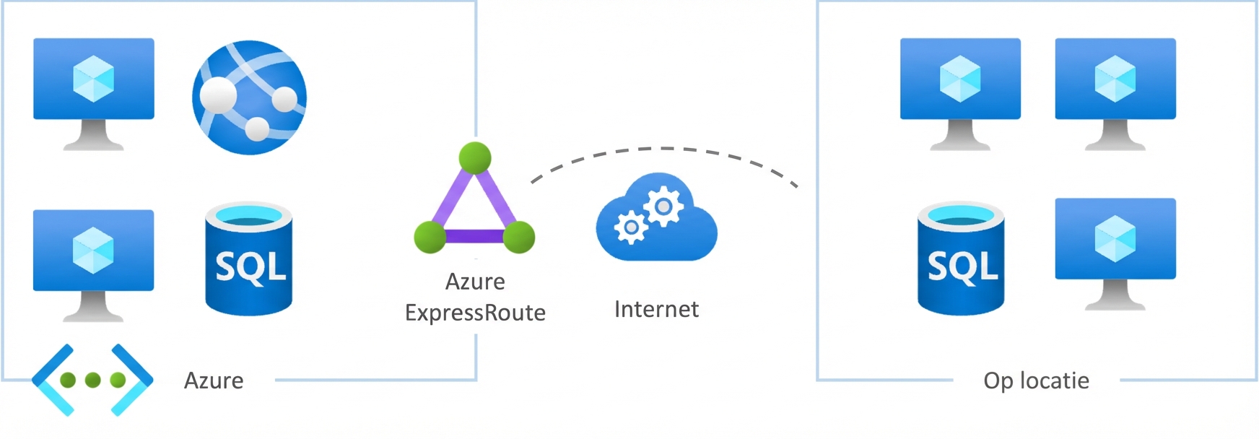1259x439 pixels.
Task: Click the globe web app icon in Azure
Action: coord(249,97)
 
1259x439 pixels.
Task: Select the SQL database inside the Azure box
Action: coord(249,260)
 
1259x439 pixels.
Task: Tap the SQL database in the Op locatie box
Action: coord(961,260)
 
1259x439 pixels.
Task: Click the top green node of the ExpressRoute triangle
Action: coord(474,157)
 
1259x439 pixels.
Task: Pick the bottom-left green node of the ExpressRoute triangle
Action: coord(430,238)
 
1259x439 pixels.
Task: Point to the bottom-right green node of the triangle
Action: coord(518,238)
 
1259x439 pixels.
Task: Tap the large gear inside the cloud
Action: coord(663,207)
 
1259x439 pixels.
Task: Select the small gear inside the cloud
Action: coord(630,227)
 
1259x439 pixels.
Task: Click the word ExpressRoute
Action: coord(475,313)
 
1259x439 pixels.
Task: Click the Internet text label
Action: coord(656,309)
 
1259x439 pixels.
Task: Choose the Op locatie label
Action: coord(1036,381)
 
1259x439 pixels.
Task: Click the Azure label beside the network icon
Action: coord(214,381)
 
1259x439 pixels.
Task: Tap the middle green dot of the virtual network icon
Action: coord(92,380)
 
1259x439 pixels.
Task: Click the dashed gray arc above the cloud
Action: coord(664,149)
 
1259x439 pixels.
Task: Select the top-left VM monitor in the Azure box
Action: coord(94,79)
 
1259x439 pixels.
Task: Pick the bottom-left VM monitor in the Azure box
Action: coord(94,251)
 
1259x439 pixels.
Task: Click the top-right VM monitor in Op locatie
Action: coord(1115,79)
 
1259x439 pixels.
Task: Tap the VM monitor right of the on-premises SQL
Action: coord(1115,240)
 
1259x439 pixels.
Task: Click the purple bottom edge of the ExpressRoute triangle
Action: coord(474,236)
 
